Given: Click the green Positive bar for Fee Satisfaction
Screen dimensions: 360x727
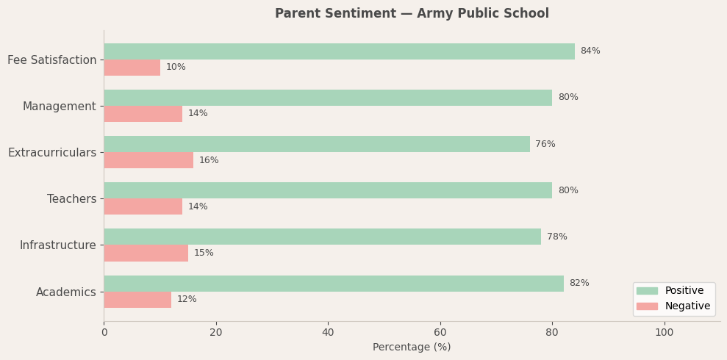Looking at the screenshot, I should point(339,51).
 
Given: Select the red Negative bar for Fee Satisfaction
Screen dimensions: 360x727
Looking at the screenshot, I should point(132,68).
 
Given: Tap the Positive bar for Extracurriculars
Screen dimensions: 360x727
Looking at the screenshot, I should point(316,144).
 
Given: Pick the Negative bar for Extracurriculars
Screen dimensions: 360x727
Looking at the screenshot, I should point(148,160).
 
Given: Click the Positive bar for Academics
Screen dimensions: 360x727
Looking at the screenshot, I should point(333,284).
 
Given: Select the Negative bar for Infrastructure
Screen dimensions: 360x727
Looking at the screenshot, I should point(146,253).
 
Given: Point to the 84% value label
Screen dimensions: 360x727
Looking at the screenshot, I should point(590,51).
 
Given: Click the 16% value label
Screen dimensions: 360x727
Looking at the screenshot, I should point(209,160).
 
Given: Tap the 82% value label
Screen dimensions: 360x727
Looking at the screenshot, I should point(579,284).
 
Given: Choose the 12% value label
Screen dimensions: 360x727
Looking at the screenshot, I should point(187,300).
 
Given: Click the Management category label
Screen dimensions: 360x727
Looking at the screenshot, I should point(59,107).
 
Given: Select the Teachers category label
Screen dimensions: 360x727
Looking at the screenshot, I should point(71,199).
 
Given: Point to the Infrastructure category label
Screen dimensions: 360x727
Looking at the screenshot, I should point(57,245).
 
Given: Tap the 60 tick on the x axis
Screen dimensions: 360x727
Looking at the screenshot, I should point(440,333).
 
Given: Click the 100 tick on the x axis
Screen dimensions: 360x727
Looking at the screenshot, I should point(665,333).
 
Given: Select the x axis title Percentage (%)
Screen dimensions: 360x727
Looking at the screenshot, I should point(412,348).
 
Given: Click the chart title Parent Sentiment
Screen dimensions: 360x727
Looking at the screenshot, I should point(412,14).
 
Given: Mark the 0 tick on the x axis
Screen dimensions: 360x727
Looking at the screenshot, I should point(104,333).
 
